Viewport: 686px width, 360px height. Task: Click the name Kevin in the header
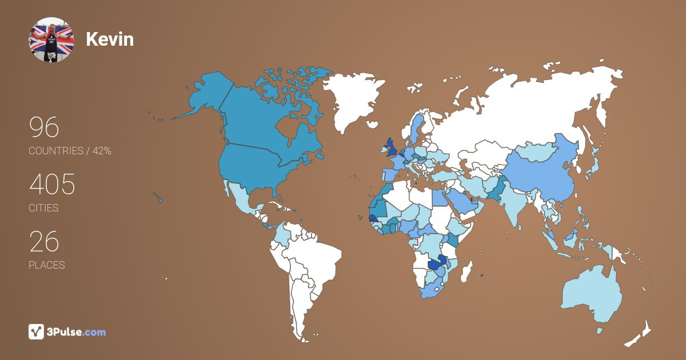(110, 39)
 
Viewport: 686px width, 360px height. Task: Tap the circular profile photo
(51, 39)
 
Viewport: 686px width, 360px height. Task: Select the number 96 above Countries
(44, 127)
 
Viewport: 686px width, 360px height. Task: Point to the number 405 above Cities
(52, 185)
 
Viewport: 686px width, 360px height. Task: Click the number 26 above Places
(44, 242)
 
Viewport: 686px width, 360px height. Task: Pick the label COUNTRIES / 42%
(70, 151)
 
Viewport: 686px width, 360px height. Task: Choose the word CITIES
(43, 208)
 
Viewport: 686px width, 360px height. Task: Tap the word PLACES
(46, 265)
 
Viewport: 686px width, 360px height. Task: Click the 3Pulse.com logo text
(77, 332)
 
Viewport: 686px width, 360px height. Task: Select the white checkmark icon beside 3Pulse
(37, 331)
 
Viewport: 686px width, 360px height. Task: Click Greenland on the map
(355, 100)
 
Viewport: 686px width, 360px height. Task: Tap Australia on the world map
(591, 294)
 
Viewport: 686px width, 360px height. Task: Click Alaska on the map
(206, 97)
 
